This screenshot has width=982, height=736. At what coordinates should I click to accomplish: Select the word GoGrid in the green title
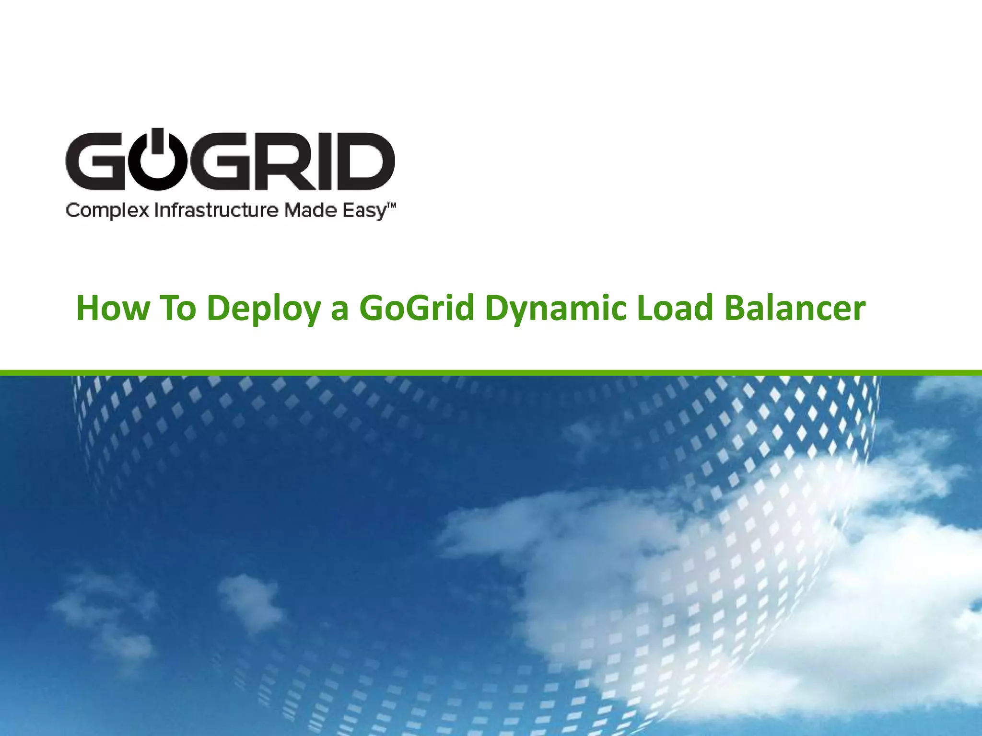tap(417, 308)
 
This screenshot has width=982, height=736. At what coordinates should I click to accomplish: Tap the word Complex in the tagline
tap(107, 211)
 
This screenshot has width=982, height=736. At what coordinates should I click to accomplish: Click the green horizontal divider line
tap(491, 373)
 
